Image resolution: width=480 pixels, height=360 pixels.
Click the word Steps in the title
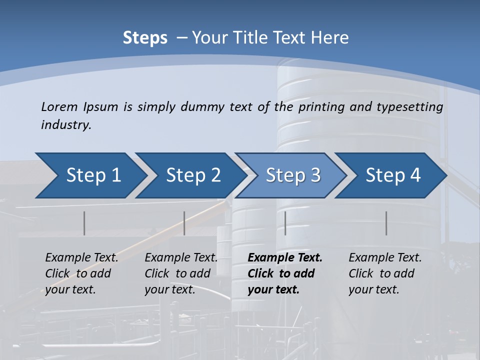coord(145,38)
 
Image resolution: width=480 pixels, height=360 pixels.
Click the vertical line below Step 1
coord(84,223)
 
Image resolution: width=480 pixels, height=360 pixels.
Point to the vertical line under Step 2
coord(184,223)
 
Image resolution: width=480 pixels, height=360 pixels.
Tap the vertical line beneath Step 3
coord(285,223)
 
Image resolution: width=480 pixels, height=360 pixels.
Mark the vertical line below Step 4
coord(386,223)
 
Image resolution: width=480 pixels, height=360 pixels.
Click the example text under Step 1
coord(81,273)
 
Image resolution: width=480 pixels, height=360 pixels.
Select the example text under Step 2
coord(181,273)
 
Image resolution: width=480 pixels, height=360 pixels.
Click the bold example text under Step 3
coord(285,273)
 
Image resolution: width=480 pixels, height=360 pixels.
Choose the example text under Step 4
coord(385,273)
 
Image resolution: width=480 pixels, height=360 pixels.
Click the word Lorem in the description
coord(59,106)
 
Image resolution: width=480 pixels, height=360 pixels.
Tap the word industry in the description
coord(66,125)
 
